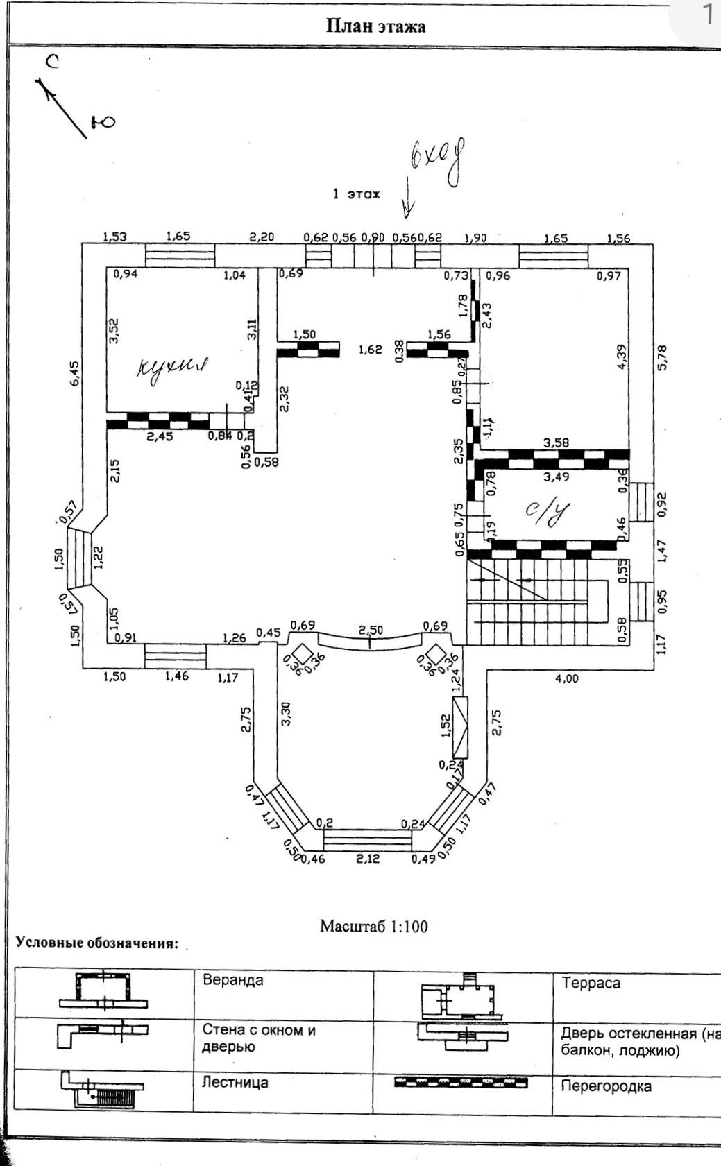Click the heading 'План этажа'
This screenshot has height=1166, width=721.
click(x=375, y=26)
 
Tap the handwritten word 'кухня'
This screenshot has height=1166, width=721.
click(x=173, y=366)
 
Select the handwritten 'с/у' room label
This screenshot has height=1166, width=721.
click(x=546, y=513)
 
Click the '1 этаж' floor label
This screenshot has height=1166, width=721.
click(x=356, y=194)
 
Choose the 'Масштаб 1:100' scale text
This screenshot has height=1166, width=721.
click(x=373, y=927)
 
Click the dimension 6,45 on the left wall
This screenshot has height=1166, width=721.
click(x=75, y=372)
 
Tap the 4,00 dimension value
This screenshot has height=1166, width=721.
click(x=567, y=679)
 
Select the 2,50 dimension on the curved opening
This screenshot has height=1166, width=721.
click(x=371, y=629)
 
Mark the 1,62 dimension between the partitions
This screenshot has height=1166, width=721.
click(x=370, y=350)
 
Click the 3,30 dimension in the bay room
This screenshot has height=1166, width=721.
click(x=286, y=714)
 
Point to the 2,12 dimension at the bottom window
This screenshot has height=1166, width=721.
click(x=368, y=859)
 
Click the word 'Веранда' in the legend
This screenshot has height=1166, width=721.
click(x=232, y=980)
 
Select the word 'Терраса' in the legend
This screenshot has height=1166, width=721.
click(x=591, y=983)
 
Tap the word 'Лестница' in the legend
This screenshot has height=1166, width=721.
click(x=235, y=1083)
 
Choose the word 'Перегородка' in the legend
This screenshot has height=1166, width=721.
click(x=606, y=1086)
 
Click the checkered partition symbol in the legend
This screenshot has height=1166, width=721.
click(x=460, y=1082)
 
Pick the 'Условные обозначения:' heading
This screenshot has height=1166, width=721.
click(x=97, y=943)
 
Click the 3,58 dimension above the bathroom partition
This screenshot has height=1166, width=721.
click(x=557, y=443)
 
